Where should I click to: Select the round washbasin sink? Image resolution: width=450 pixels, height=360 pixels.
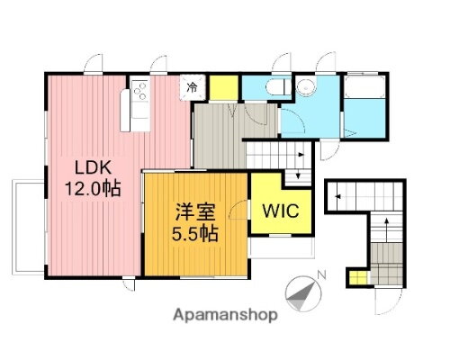(x=307, y=87)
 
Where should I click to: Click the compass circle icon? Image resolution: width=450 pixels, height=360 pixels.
(x=301, y=291)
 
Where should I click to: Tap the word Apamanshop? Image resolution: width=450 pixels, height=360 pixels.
(x=224, y=316)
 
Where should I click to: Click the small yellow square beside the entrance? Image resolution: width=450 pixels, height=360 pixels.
(x=358, y=278)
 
